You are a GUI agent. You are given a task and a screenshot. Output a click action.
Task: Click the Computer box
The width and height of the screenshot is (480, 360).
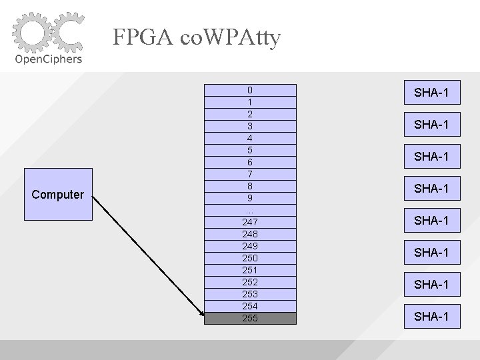(x=58, y=195)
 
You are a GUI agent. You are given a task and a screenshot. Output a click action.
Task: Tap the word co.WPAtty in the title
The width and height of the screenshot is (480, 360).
(x=231, y=37)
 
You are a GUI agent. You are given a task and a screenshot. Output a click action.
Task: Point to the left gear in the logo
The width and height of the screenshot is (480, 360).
(x=31, y=33)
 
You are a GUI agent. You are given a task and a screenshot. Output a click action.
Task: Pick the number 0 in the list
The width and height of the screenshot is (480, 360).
(x=249, y=90)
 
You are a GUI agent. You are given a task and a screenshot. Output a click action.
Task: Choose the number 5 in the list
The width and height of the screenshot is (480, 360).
(x=249, y=150)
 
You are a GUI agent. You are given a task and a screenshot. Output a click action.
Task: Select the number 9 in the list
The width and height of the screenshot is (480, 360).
(x=249, y=198)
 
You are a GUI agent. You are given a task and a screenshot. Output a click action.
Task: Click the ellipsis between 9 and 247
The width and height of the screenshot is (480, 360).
(x=249, y=209)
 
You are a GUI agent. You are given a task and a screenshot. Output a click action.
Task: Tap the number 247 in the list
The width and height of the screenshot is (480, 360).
(x=249, y=222)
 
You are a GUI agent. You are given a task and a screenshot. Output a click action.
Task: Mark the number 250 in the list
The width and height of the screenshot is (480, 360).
(x=249, y=258)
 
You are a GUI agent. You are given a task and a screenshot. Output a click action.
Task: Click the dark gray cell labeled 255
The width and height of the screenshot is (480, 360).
(x=249, y=318)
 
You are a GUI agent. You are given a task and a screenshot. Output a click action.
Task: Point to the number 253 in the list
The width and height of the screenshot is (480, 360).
(x=249, y=294)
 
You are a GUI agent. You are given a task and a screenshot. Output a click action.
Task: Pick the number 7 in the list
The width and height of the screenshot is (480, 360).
(x=249, y=174)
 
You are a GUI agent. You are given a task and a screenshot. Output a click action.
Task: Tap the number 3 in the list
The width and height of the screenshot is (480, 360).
(x=249, y=126)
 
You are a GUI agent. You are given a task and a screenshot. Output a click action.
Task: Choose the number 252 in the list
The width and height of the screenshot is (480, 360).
(x=249, y=282)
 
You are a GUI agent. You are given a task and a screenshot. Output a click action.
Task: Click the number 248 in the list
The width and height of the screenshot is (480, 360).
(x=249, y=234)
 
